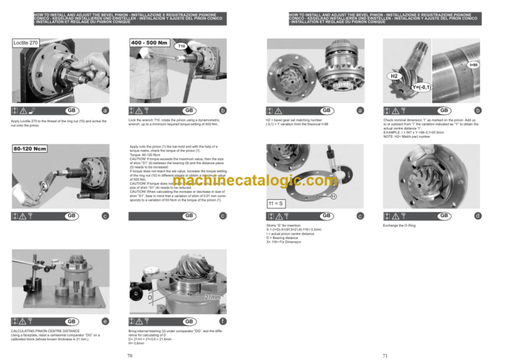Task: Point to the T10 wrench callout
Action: tap(181, 47)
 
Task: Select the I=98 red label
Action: tap(473, 64)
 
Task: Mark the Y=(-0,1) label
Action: tap(420, 87)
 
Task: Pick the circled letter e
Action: tap(106, 321)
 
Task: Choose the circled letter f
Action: tap(223, 321)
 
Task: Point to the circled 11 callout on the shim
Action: tap(333, 196)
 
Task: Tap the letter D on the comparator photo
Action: tap(150, 297)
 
